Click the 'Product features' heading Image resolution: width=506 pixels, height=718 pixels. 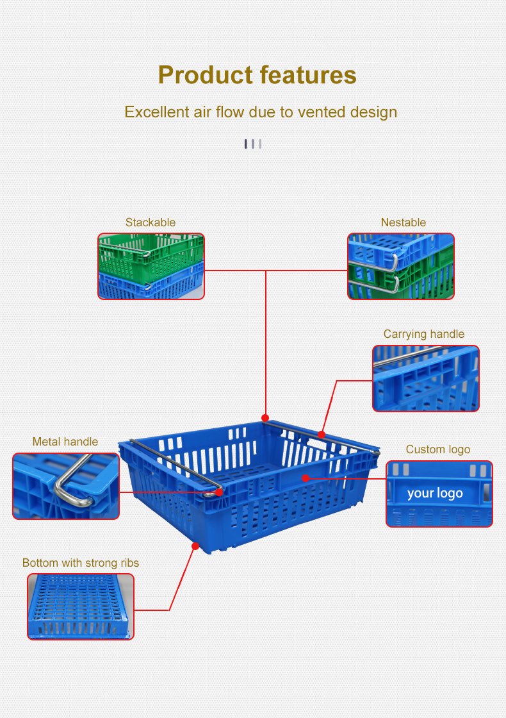click(257, 75)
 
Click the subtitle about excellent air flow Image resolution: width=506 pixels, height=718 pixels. click(261, 112)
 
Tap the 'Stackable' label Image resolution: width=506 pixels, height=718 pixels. click(150, 222)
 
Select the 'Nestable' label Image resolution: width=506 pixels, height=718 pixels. click(403, 222)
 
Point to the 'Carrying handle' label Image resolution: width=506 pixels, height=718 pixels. click(423, 334)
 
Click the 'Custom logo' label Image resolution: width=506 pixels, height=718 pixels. click(437, 449)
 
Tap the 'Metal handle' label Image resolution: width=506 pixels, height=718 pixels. click(65, 442)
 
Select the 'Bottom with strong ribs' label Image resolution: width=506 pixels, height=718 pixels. click(81, 563)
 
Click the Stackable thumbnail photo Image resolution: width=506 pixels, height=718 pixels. click(151, 266)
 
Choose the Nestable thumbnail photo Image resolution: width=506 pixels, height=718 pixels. click(400, 266)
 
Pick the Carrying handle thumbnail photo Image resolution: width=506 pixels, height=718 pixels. click(425, 378)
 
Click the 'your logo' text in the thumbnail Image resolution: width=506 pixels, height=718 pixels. click(435, 493)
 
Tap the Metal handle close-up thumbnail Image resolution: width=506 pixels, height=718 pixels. click(66, 486)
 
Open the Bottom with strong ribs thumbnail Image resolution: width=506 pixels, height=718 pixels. click(81, 606)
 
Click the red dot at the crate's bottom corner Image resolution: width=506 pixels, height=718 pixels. click(195, 546)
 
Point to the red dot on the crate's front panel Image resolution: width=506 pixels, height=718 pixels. click(306, 478)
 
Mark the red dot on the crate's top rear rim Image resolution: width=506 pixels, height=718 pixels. click(265, 418)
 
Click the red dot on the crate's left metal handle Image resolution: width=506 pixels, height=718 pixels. click(219, 492)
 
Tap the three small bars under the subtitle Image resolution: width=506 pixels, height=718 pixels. click(252, 144)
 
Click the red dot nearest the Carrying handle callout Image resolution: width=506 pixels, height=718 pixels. click(321, 434)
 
